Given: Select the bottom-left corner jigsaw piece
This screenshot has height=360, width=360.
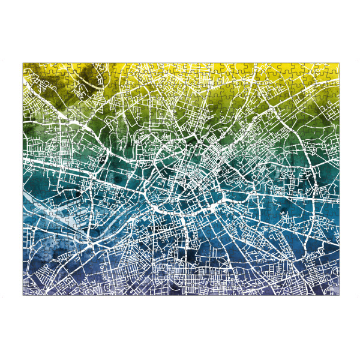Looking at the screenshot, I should [28, 291].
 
